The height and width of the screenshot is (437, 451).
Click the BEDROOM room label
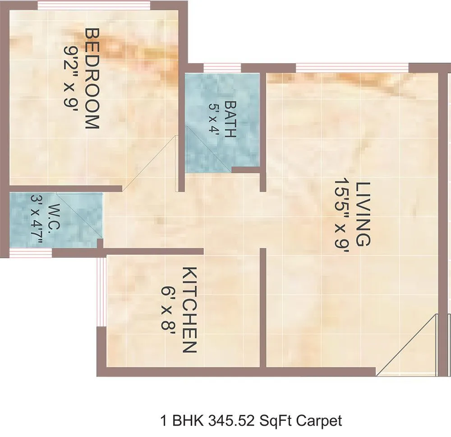92,79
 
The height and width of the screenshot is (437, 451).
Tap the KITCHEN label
189,310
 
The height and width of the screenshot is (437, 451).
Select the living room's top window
352,68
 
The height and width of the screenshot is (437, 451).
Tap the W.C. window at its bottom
30,253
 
